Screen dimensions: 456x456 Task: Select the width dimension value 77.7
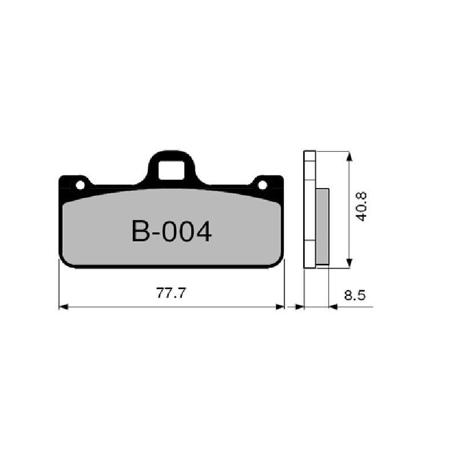tap(172, 294)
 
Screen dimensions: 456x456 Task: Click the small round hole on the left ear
tap(80, 185)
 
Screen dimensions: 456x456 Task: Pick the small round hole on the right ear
tap(262, 185)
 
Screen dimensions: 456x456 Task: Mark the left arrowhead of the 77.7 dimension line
tap(63, 307)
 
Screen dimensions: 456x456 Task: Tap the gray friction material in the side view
tap(323, 226)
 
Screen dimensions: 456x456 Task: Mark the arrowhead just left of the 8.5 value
tap(334, 307)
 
